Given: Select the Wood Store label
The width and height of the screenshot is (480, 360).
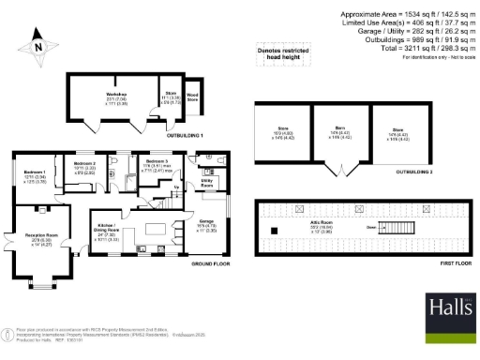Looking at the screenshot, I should tap(191, 97).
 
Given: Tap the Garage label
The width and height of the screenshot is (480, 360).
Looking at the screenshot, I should tap(207, 225).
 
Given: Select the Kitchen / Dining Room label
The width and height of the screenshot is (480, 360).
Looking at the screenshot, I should tap(105, 230).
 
